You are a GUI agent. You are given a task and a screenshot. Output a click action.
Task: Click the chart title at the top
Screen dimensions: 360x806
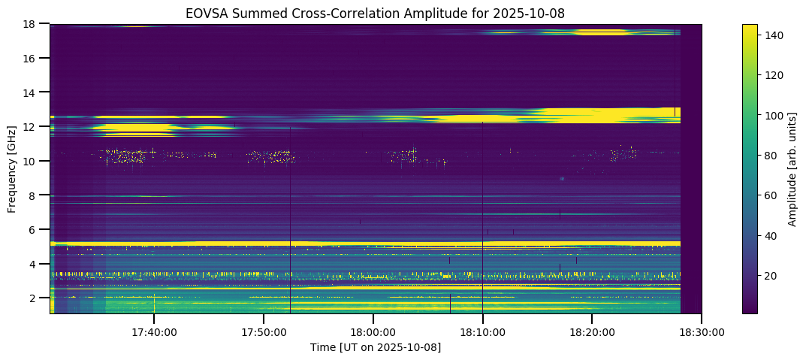376,13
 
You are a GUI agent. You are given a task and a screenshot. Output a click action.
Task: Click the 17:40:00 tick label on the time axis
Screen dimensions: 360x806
154,331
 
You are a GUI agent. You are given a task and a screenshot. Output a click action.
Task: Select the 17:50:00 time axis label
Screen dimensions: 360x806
264,331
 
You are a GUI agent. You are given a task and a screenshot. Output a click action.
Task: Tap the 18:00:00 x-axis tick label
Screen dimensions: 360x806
373,331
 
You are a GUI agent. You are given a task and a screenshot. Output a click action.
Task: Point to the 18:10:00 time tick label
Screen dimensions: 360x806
483,331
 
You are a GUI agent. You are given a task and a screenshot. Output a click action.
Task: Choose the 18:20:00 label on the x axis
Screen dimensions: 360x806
593,331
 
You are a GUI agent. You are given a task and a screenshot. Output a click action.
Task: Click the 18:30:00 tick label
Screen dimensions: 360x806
702,331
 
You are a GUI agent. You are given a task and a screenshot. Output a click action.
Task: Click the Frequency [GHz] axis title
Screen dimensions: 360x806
13,169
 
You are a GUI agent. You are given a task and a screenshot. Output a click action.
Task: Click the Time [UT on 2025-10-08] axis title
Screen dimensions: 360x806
376,347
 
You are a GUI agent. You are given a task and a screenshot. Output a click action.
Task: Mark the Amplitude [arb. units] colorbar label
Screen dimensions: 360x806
792,169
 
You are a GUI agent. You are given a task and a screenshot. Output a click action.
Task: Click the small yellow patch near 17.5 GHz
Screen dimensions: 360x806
600,32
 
